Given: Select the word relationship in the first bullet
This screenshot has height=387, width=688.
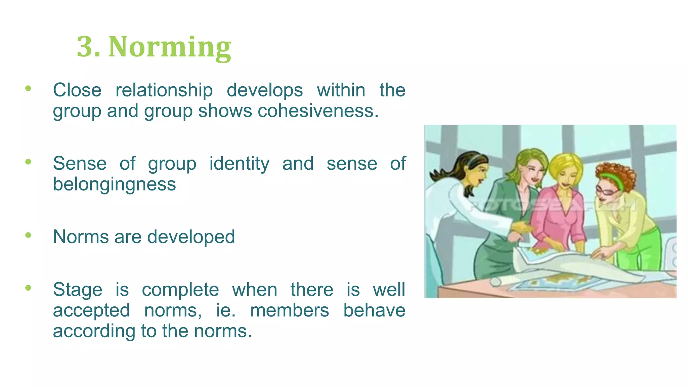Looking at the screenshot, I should (x=164, y=90).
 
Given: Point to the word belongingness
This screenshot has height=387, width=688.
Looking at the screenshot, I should (x=114, y=184).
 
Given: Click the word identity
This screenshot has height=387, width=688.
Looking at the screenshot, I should (x=239, y=164).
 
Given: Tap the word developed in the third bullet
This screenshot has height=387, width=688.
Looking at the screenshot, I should (x=191, y=237).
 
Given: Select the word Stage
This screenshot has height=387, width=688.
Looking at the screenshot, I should (x=77, y=290).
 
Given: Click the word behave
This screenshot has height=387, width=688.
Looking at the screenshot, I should (x=374, y=310).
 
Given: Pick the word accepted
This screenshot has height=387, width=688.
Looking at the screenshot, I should (x=91, y=310).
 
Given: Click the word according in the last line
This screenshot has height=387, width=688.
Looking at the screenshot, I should (x=94, y=331).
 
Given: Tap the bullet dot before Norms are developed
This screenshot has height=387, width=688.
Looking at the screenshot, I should (x=28, y=235).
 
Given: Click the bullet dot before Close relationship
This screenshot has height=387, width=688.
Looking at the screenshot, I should (x=28, y=88).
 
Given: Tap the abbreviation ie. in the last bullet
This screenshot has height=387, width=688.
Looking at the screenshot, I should (x=225, y=310).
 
